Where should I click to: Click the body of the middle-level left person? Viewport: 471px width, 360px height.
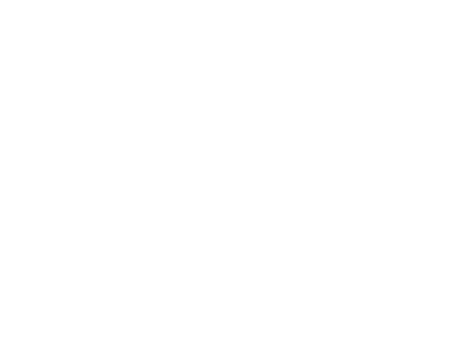click(121, 204)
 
